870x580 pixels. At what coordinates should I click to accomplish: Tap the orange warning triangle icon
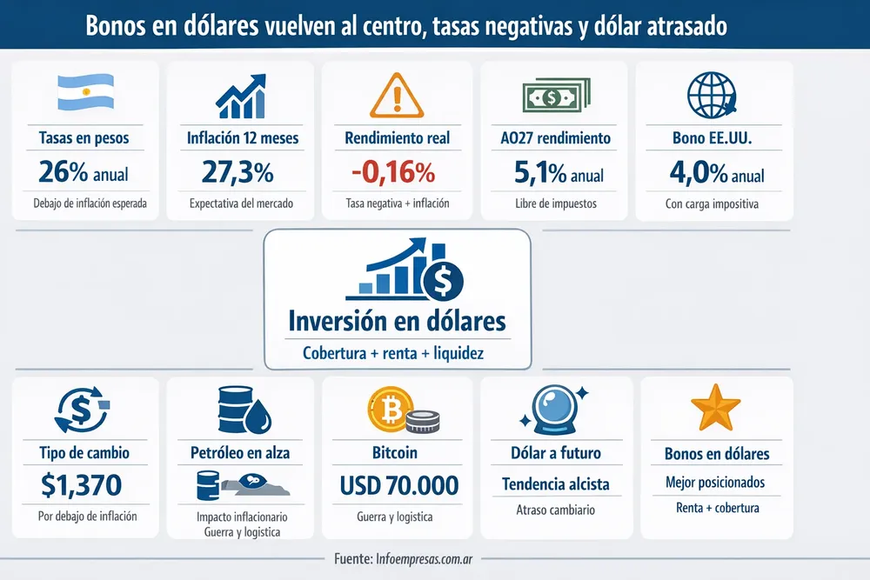point(397,94)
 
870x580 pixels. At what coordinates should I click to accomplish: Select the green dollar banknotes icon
point(554,94)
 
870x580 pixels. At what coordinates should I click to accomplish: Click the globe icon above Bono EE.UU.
point(712,94)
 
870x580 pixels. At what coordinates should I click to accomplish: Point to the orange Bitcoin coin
point(387,411)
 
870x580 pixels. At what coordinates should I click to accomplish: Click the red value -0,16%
point(393,173)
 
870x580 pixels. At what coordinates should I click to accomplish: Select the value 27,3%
point(238,173)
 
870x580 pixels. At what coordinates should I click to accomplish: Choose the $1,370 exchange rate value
point(83,483)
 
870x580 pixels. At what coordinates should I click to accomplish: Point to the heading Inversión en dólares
point(397,321)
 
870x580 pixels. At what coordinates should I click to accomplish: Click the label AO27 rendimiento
point(557,137)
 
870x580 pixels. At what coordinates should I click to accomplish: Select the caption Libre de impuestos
point(557,205)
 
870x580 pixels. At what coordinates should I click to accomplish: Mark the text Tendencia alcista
point(556,483)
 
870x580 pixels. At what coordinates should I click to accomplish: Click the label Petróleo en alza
point(239,452)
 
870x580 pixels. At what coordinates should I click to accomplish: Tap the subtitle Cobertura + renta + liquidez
point(393,353)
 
